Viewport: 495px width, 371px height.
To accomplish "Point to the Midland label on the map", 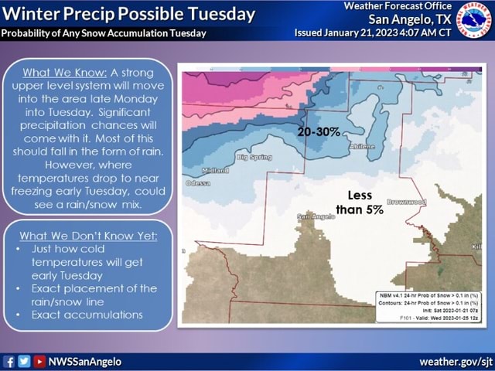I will [214, 170].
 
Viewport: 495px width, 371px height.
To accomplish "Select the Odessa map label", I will [197, 183].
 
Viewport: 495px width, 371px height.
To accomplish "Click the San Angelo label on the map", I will [316, 216].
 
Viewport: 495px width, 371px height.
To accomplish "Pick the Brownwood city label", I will [405, 202].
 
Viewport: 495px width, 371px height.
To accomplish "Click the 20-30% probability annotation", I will [319, 132].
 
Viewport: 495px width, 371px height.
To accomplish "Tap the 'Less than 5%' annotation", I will [360, 203].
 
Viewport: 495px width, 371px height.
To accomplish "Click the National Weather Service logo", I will [474, 19].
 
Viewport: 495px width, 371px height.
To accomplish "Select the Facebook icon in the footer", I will [9, 362].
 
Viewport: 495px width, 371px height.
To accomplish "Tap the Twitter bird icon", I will [24, 362].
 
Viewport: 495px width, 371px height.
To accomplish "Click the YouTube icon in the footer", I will [39, 362].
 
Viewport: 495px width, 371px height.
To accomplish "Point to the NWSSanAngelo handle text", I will [84, 362].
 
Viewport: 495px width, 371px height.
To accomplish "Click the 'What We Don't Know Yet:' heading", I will [87, 235].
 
